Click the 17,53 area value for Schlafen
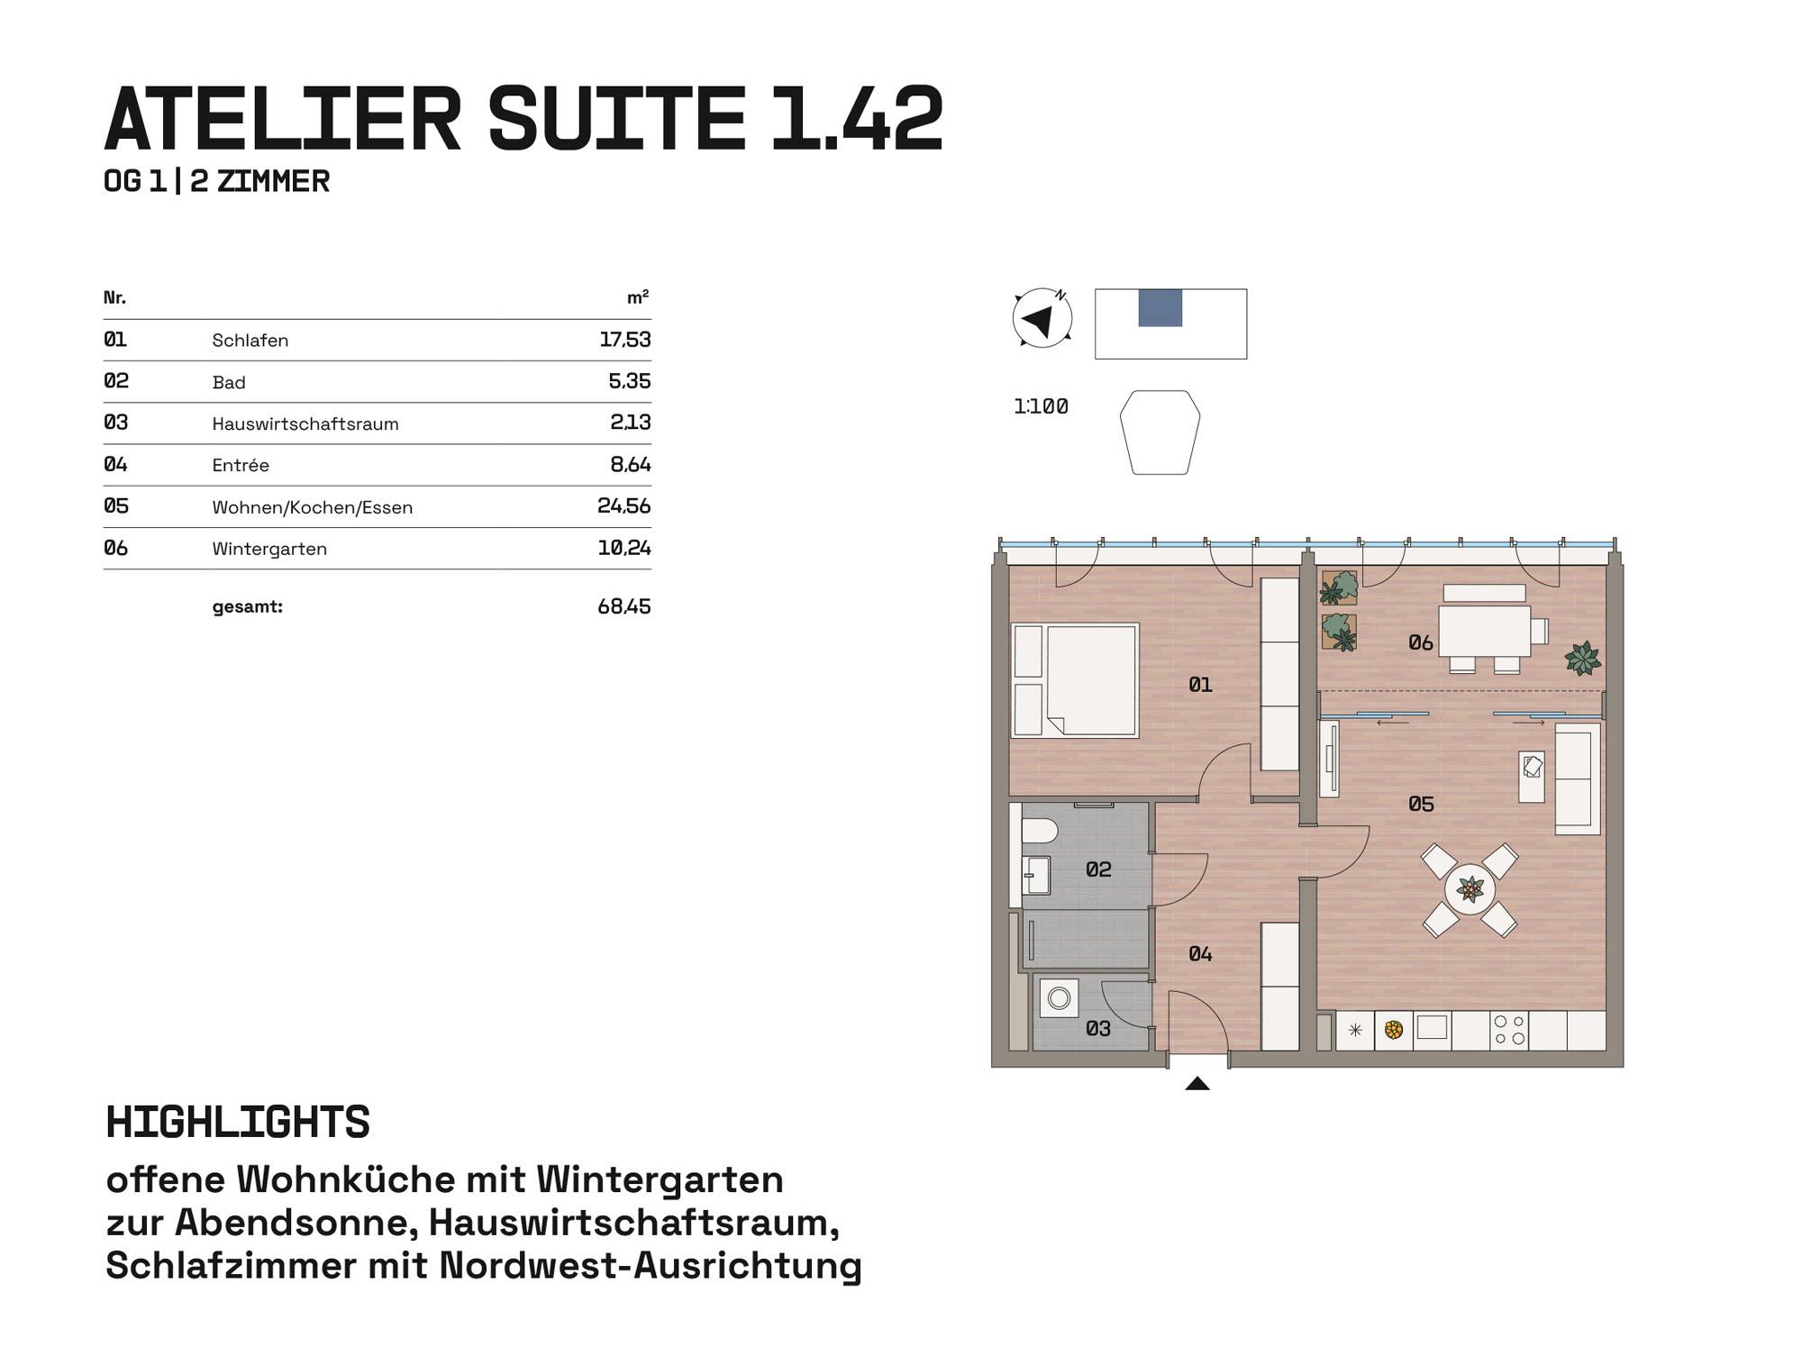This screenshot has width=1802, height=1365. (624, 340)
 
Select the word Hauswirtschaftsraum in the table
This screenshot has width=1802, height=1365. (305, 423)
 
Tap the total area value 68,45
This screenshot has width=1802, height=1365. (624, 606)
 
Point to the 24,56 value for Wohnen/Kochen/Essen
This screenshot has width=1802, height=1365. (624, 506)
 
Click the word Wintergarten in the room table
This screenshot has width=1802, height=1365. (269, 549)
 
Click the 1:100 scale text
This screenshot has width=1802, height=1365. (1041, 406)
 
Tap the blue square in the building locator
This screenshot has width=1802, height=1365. (1160, 308)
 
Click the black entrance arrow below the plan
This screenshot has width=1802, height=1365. (1197, 1083)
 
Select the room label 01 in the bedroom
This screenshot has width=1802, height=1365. (1200, 685)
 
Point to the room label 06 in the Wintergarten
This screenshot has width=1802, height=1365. (1421, 642)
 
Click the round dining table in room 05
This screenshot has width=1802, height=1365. (1470, 890)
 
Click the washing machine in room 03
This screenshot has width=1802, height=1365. (1060, 998)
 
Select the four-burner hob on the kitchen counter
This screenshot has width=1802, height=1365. (1509, 1030)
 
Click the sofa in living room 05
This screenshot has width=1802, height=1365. (1577, 779)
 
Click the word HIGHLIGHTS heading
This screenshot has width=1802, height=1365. (238, 1123)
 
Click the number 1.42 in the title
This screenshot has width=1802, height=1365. (856, 118)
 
